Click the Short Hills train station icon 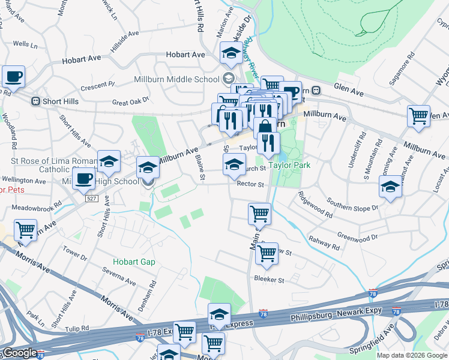point(35,101)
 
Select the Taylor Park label point(289,165)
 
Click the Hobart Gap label point(134,262)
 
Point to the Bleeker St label point(268,280)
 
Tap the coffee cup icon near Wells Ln point(13,77)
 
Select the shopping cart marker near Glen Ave point(418,116)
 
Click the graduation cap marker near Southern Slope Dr point(390,187)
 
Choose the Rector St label point(251,184)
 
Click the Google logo point(19,353)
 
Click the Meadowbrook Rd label point(37,206)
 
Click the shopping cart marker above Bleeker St point(267,253)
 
